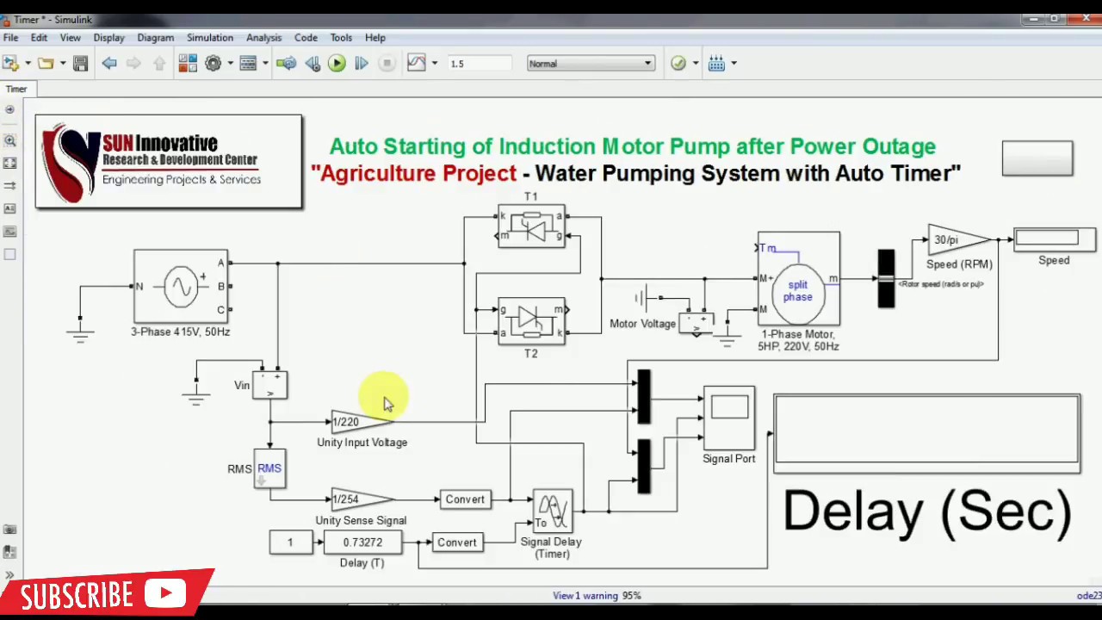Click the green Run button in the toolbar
[x=337, y=63]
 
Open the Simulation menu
[x=209, y=38]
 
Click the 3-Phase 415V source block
[x=181, y=286]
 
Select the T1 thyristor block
[x=531, y=226]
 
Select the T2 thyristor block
[x=531, y=320]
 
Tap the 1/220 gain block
[x=359, y=422]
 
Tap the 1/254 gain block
[x=359, y=499]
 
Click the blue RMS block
[x=269, y=469]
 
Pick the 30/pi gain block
[x=957, y=240]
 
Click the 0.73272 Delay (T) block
[x=362, y=542]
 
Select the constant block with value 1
[x=290, y=542]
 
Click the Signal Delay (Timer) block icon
[x=552, y=512]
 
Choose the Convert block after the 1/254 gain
[x=465, y=499]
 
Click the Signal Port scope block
[x=729, y=418]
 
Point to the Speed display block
[x=1054, y=239]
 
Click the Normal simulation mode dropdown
[x=591, y=64]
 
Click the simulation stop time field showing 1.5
[x=479, y=64]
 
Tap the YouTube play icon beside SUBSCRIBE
[x=165, y=593]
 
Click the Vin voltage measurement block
[x=270, y=385]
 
